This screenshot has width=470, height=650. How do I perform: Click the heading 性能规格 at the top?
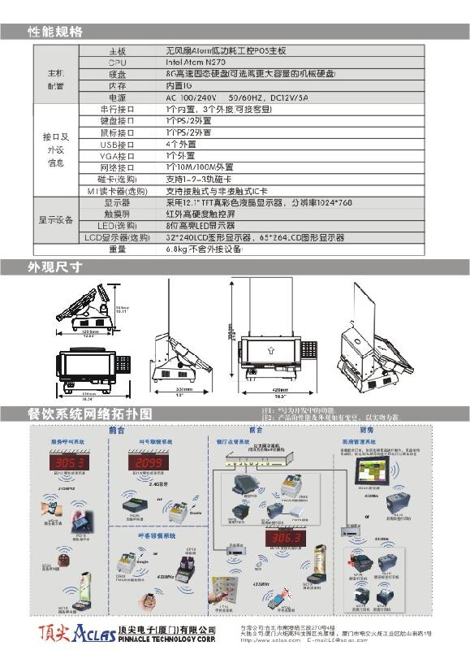[54, 32]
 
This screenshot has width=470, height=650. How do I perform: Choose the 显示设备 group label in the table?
[56, 219]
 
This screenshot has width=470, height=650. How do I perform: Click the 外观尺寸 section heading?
[54, 267]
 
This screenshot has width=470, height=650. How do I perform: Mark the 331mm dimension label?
[183, 390]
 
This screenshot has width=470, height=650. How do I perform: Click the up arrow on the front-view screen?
[268, 349]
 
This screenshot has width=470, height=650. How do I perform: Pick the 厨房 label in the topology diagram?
[367, 429]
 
